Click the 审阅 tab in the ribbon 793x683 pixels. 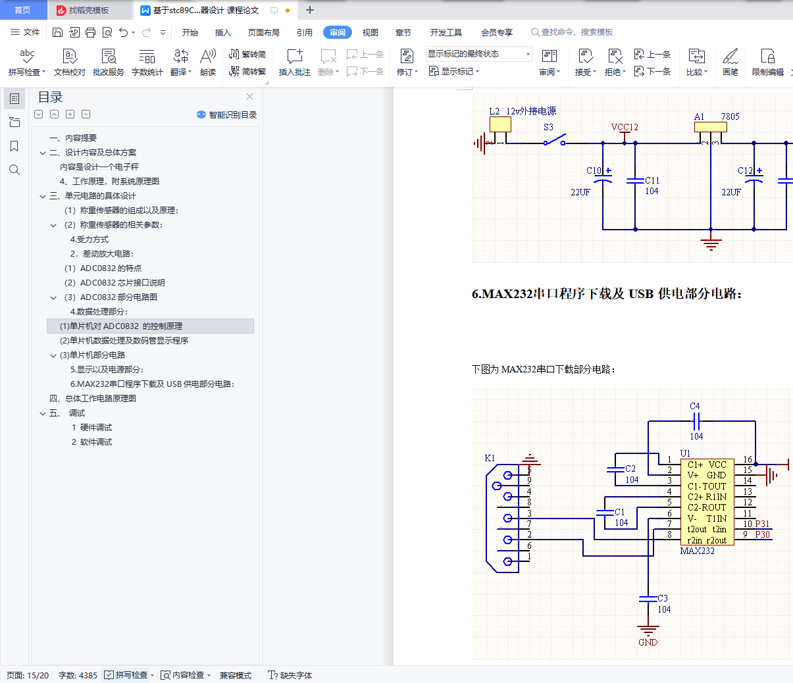click(x=338, y=32)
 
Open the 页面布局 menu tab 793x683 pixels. click(x=263, y=32)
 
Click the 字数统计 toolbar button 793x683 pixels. click(x=147, y=62)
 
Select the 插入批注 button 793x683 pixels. click(x=294, y=62)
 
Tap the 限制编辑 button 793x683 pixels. click(x=767, y=62)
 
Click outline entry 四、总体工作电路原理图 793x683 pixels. click(x=93, y=398)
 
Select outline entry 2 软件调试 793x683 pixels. click(x=91, y=442)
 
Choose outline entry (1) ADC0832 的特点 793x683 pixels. click(x=103, y=268)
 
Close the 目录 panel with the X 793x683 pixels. click(x=249, y=97)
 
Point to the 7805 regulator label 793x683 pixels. click(x=730, y=116)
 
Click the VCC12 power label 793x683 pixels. click(x=625, y=127)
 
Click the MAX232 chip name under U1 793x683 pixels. click(x=697, y=551)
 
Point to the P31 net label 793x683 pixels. click(x=762, y=524)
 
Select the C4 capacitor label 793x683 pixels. click(x=695, y=406)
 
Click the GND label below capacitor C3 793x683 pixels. click(x=648, y=642)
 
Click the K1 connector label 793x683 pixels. click(x=490, y=458)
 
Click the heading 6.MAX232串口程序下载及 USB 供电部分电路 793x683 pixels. click(x=607, y=294)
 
